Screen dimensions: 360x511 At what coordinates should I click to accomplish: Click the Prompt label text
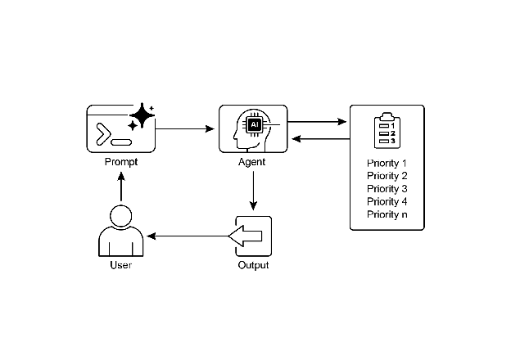pyautogui.click(x=121, y=161)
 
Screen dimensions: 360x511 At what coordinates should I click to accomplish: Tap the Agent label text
pyautogui.click(x=252, y=161)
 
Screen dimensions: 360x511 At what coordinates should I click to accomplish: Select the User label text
pyautogui.click(x=120, y=265)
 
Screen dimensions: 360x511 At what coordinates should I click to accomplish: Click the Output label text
pyautogui.click(x=253, y=265)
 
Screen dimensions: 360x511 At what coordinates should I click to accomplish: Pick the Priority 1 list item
pyautogui.click(x=387, y=163)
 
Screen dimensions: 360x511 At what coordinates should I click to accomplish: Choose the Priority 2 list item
pyautogui.click(x=387, y=176)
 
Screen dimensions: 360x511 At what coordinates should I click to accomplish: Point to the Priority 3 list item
pyautogui.click(x=387, y=189)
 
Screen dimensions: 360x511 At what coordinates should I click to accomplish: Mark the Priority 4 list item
pyautogui.click(x=387, y=202)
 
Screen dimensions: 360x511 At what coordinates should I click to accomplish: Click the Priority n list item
pyautogui.click(x=387, y=215)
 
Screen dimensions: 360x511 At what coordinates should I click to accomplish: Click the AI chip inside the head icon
pyautogui.click(x=254, y=124)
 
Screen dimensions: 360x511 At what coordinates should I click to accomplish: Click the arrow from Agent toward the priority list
pyautogui.click(x=319, y=123)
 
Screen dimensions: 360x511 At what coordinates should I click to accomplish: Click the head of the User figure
pyautogui.click(x=121, y=217)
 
